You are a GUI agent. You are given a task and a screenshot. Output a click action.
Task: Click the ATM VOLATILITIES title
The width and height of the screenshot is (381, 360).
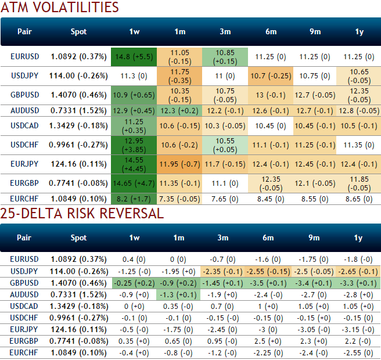point(60,8)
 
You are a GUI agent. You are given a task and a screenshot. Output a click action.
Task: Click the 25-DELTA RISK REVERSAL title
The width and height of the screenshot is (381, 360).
point(82,214)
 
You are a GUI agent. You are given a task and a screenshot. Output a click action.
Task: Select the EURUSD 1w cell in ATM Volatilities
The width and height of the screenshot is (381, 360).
point(134,57)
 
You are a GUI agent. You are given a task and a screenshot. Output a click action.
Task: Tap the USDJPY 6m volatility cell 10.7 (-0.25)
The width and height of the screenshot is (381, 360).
point(271,76)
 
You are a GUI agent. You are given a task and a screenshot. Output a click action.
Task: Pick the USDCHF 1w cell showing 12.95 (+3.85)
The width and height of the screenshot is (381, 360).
point(134,145)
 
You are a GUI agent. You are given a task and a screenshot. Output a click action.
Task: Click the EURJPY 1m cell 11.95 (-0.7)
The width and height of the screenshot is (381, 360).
point(179,164)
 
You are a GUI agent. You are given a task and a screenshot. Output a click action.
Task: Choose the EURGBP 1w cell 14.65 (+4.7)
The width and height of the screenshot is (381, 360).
point(134,183)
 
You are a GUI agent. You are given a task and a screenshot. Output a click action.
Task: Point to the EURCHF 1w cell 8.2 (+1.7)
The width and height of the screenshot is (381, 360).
point(134,199)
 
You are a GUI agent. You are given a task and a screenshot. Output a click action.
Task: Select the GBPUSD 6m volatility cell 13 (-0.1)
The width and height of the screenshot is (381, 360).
point(271,95)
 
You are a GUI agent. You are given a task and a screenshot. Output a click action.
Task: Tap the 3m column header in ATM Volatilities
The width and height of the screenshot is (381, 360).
point(224,32)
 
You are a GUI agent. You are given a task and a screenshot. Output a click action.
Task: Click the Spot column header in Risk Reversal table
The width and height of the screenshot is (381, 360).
point(78,237)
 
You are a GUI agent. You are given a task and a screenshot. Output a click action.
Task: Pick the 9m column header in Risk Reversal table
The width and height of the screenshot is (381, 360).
point(315,237)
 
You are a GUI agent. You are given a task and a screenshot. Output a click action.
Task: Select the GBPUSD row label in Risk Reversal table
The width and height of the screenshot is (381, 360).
point(24,283)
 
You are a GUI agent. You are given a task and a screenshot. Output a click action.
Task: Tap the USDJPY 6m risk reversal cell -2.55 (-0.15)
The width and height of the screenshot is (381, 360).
point(271,272)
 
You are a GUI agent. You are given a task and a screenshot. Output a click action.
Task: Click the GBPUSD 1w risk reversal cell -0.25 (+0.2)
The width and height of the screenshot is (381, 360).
point(134,283)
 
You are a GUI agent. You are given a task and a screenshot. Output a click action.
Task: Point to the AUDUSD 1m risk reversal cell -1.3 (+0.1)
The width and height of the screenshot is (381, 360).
point(179,294)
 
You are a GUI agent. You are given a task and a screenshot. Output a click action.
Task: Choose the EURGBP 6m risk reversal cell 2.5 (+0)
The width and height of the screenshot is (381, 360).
point(271,341)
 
